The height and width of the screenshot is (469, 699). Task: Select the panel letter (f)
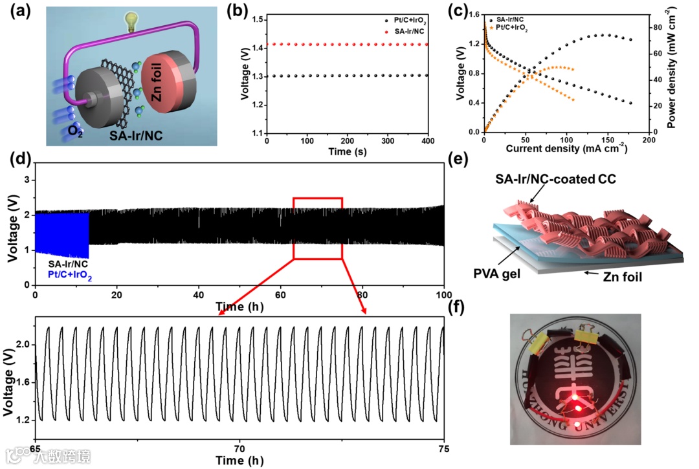[x=455, y=308]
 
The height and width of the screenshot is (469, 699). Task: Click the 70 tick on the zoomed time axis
[x=239, y=448]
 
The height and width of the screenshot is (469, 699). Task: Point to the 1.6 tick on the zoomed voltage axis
[x=23, y=382]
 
